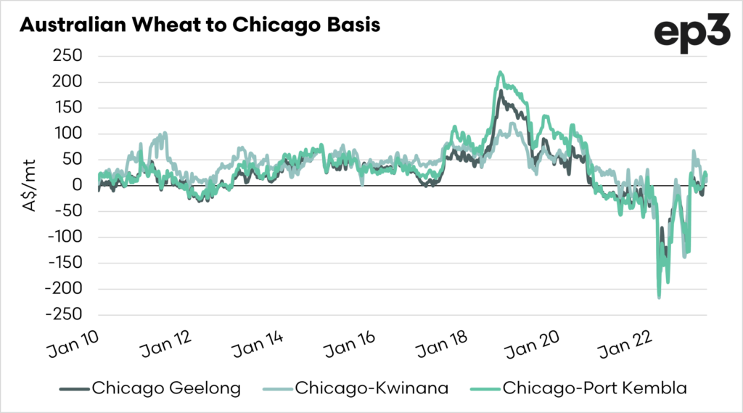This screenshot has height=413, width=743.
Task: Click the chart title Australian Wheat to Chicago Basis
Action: (x=200, y=25)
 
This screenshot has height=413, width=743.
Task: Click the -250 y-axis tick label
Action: (x=66, y=315)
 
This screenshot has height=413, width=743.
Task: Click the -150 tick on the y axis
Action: (x=66, y=263)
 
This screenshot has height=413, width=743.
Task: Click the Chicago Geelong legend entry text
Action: (x=166, y=388)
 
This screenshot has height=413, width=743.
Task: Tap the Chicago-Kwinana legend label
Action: (x=371, y=388)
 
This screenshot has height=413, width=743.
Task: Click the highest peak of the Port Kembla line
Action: (x=500, y=72)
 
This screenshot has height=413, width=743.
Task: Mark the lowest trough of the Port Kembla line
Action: (x=659, y=297)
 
